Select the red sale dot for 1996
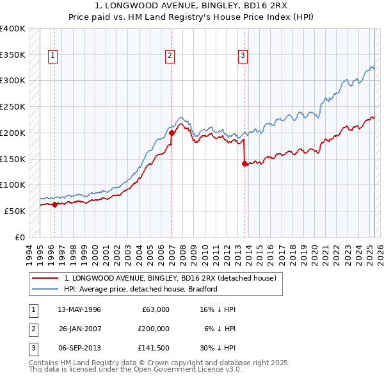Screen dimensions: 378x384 point(54,205)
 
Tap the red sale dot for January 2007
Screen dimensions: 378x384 point(172,133)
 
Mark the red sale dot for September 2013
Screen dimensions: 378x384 point(244,163)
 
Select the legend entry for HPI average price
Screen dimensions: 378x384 point(141,289)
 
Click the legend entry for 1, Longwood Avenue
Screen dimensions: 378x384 point(170,278)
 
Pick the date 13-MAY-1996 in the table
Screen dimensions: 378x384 point(79,309)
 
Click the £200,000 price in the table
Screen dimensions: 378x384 point(154,329)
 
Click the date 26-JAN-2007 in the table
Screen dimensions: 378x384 point(81,329)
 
